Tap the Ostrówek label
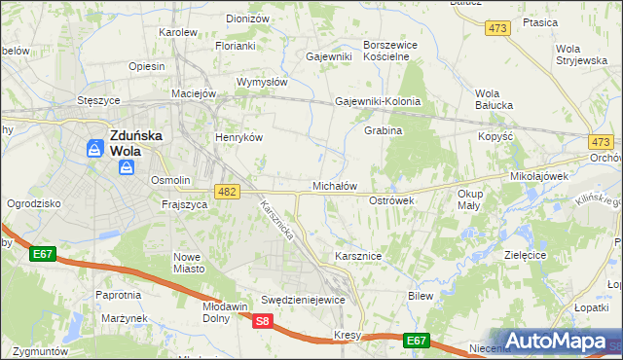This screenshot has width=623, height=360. [391, 199]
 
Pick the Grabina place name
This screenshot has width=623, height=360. [383, 130]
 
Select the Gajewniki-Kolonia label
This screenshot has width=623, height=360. [378, 101]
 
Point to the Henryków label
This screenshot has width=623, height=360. [239, 137]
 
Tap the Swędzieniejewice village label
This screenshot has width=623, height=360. [303, 300]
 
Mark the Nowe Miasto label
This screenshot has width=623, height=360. [187, 262]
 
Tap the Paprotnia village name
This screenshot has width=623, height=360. [118, 294]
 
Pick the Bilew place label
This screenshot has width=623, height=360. [421, 295]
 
